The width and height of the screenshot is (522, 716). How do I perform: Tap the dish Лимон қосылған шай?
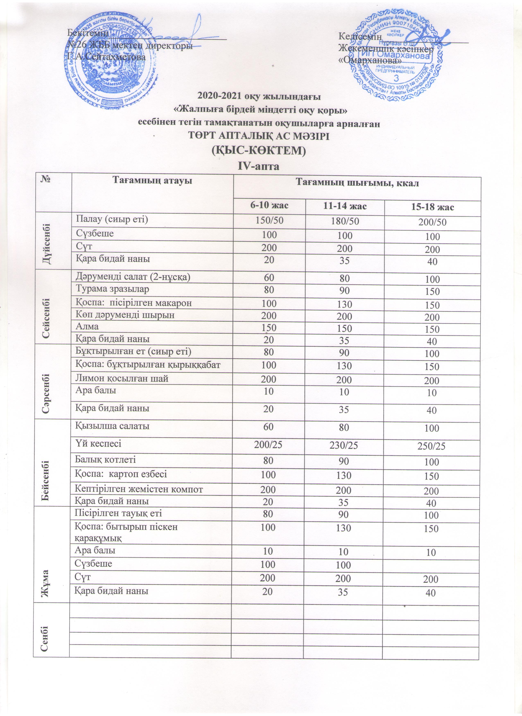(122, 379)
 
